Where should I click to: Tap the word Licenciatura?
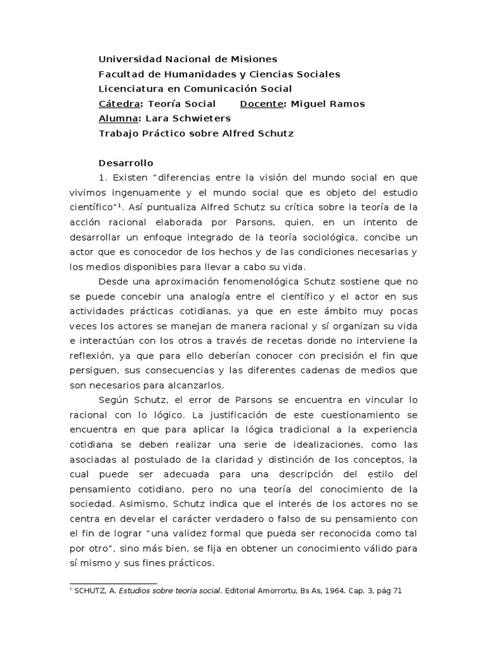pos(130,89)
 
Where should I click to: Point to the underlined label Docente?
pos(263,103)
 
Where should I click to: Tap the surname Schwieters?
pos(202,118)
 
